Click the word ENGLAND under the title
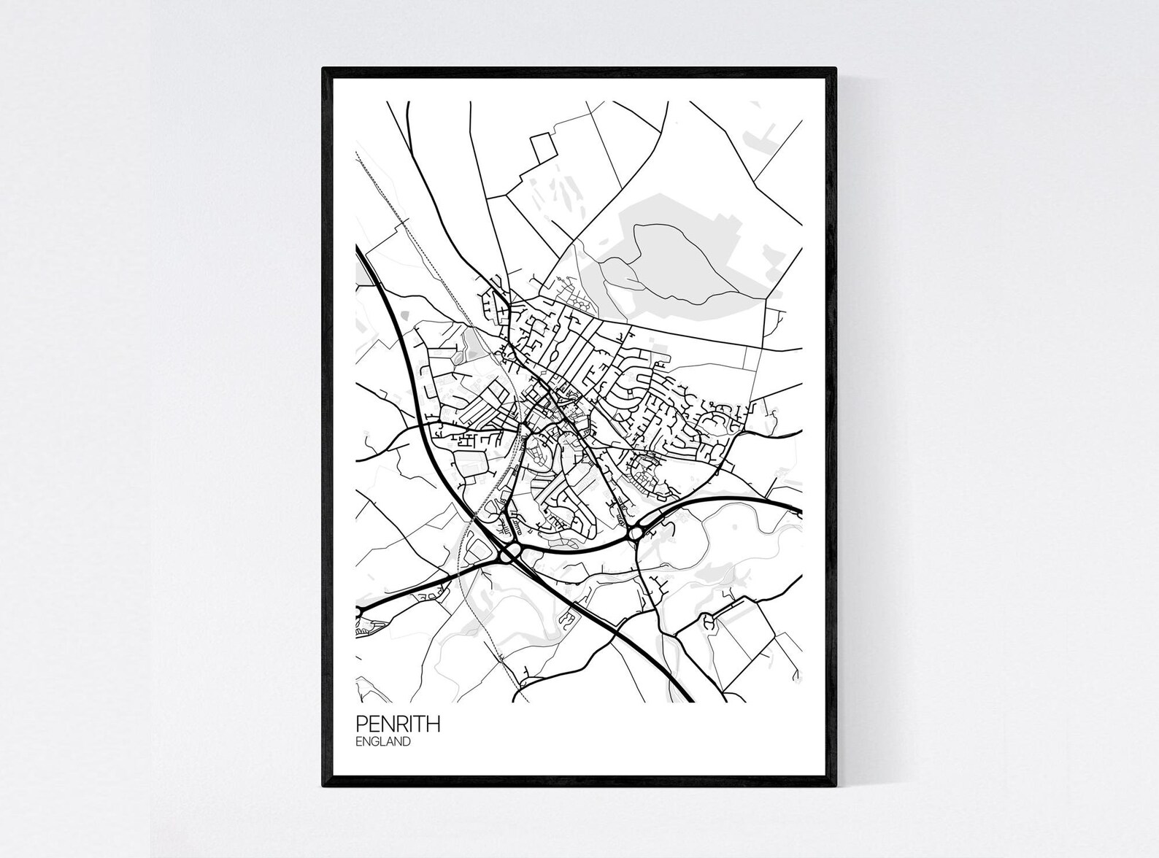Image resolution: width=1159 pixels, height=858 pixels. [384, 742]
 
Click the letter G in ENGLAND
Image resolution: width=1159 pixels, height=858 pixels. [377, 742]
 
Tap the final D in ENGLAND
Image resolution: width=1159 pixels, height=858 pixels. [406, 742]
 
